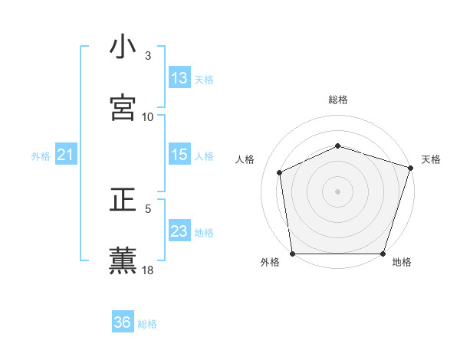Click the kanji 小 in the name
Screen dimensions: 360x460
click(123, 47)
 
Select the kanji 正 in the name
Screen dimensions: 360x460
click(123, 201)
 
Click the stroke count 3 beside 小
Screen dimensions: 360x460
click(148, 56)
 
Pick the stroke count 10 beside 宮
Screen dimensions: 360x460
click(148, 116)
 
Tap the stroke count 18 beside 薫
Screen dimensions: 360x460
click(148, 270)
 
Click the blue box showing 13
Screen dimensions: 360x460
click(179, 78)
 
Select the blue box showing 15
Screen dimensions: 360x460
click(179, 155)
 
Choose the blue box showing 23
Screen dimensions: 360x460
click(179, 231)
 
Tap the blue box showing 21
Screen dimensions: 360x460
click(65, 155)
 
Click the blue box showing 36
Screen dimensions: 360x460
click(122, 322)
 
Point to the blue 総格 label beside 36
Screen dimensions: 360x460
click(147, 324)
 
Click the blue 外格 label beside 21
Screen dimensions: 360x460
click(41, 156)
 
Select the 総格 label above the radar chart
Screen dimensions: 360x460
click(338, 100)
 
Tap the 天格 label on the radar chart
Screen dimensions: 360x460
click(431, 159)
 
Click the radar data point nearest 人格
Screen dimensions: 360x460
click(280, 172)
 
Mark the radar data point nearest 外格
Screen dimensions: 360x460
click(293, 254)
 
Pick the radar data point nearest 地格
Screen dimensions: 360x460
click(383, 254)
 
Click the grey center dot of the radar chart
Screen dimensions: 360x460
click(337, 191)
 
